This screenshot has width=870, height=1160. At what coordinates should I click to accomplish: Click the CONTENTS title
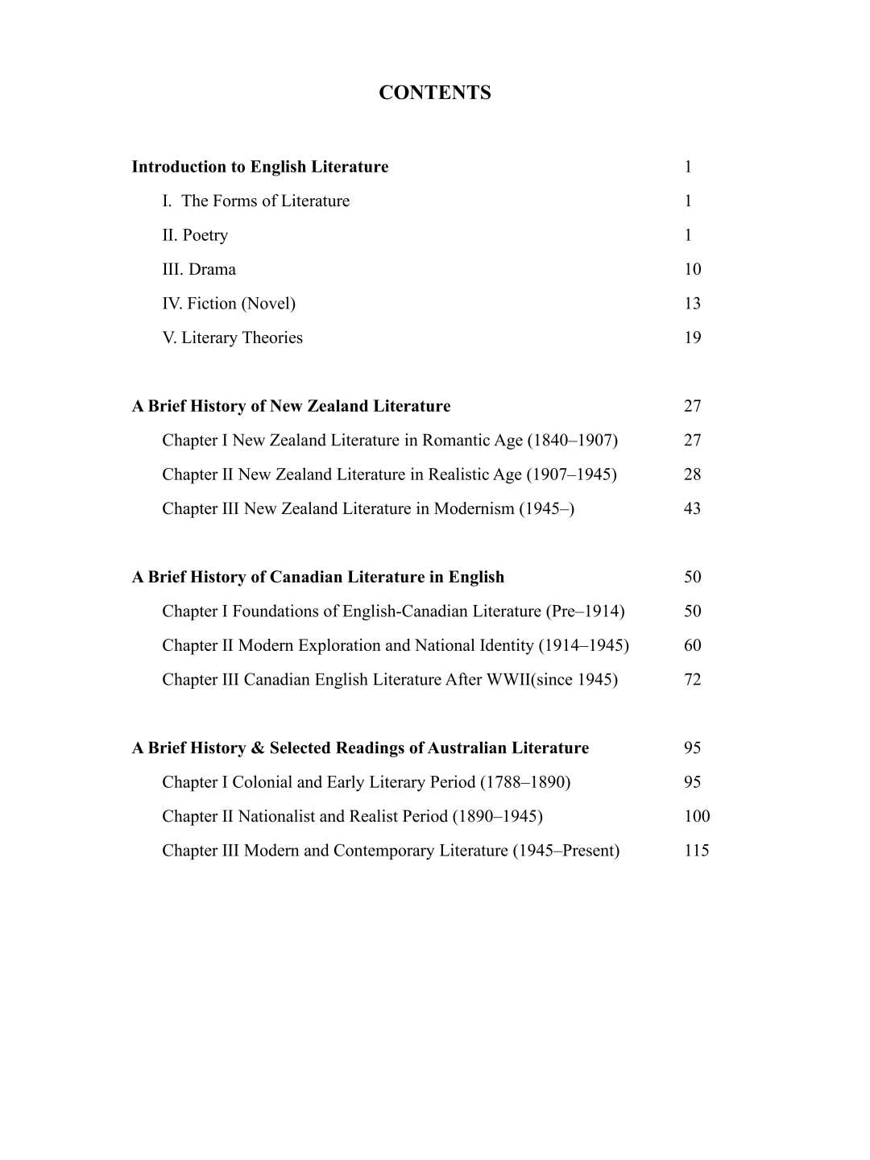click(434, 93)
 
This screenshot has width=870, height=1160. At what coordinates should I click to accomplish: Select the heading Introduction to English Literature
click(259, 167)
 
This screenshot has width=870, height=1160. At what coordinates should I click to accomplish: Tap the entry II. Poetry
click(195, 235)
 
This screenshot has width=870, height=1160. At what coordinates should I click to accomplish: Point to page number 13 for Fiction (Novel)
click(692, 304)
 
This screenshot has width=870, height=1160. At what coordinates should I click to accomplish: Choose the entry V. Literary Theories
click(232, 338)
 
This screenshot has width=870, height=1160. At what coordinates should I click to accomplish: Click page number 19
click(692, 338)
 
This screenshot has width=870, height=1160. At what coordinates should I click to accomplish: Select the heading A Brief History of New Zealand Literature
click(291, 406)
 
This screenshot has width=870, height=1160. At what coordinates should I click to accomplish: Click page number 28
click(692, 474)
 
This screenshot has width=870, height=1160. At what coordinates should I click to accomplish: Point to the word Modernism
click(474, 508)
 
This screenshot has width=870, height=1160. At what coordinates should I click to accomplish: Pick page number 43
click(692, 508)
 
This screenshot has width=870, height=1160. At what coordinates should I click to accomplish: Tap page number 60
click(692, 645)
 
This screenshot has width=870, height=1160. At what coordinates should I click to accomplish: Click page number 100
click(697, 817)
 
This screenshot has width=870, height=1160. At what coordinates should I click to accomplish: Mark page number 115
click(697, 851)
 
